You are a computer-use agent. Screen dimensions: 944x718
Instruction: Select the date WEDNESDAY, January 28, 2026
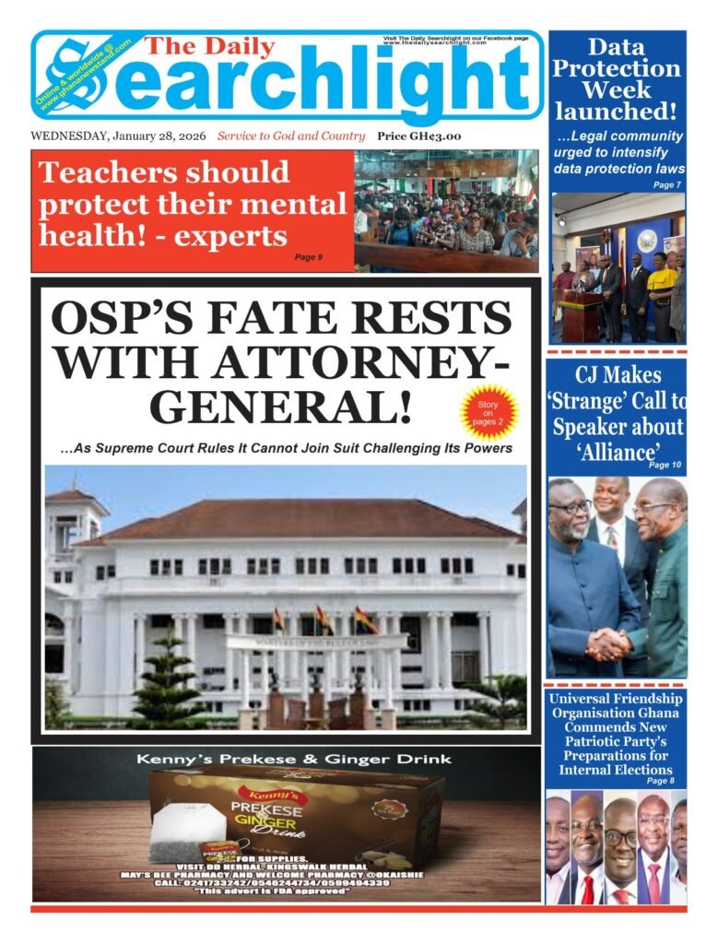tap(119, 136)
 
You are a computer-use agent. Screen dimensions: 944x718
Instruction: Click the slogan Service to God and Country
tap(291, 136)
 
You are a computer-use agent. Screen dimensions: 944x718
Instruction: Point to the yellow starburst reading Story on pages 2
tap(488, 410)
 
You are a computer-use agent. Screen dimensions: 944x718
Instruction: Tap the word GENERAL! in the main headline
tap(280, 407)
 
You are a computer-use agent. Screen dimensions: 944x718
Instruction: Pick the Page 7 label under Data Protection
tap(666, 185)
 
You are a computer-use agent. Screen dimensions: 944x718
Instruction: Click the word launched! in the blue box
tap(616, 112)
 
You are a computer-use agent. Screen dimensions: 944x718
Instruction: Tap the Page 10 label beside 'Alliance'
tap(665, 465)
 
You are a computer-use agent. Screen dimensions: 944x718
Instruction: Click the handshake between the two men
tap(609, 644)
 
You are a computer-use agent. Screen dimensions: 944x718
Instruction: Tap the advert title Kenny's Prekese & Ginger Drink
tap(293, 760)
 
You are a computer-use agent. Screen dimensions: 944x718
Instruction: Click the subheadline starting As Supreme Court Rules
tap(286, 449)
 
